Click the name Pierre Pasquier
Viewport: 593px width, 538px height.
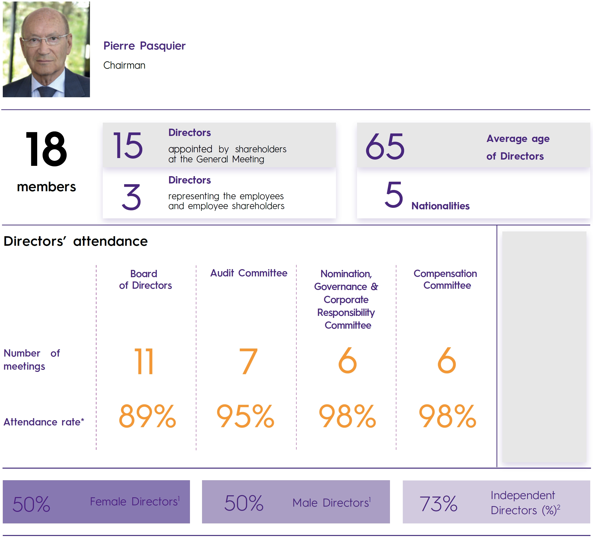[144, 46]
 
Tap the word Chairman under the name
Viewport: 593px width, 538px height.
[124, 65]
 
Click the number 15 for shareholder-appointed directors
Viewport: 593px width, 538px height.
[128, 145]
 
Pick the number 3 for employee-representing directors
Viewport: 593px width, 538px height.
[131, 197]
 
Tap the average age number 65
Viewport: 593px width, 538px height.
[385, 146]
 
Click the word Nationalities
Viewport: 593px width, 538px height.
[440, 206]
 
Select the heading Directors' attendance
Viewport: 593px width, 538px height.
[76, 241]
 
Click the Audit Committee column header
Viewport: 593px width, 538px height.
[249, 273]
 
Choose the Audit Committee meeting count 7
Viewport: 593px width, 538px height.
[248, 361]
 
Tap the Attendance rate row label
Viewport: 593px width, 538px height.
[44, 422]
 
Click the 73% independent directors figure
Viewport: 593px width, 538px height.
[438, 504]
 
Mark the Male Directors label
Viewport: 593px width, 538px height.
[331, 503]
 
